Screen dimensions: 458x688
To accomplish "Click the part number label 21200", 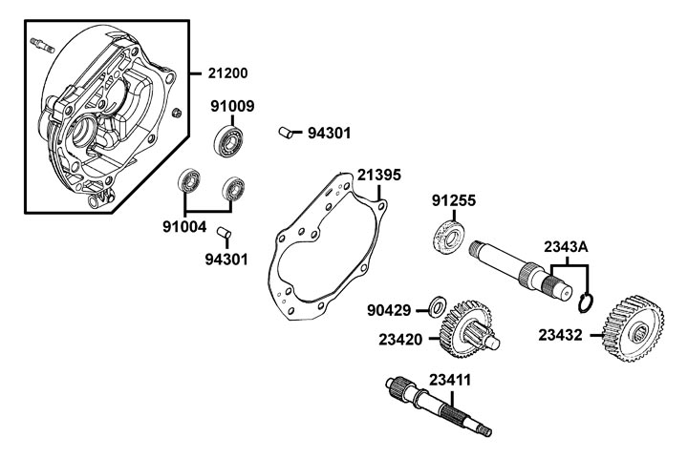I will click(x=226, y=73).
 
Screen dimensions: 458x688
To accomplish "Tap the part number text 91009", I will click(x=232, y=107).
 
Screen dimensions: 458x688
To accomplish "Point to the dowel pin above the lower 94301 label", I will click(x=223, y=232).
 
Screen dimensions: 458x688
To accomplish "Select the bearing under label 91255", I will click(x=450, y=235).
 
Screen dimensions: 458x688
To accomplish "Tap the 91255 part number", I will click(x=453, y=201).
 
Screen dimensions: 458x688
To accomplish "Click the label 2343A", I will click(x=566, y=247).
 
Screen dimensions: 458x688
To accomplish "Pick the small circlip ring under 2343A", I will click(x=588, y=302).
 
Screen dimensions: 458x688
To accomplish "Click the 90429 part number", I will click(x=390, y=310).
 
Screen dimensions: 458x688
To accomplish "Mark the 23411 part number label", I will click(x=449, y=379).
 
